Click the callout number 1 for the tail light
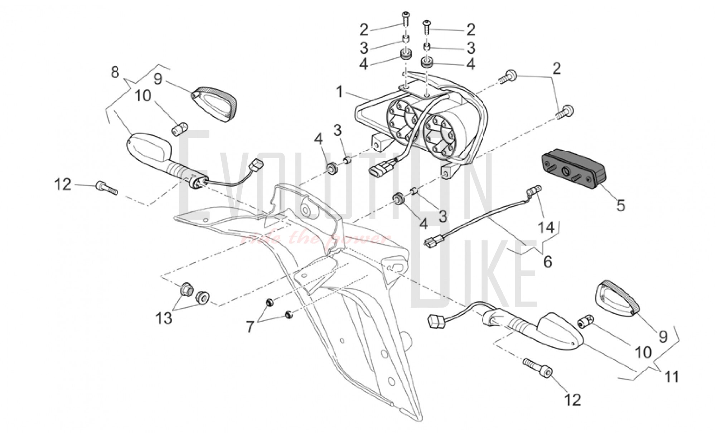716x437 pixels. click(x=339, y=82)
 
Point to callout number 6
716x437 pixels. click(x=548, y=261)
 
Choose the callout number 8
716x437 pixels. click(x=115, y=72)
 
